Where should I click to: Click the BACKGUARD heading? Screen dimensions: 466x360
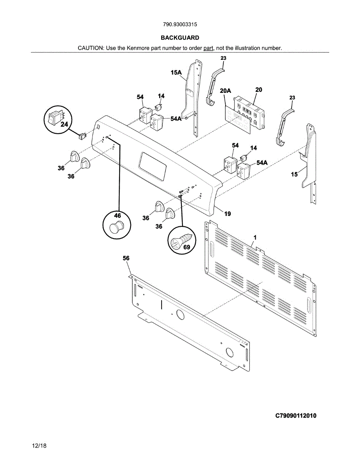(180, 38)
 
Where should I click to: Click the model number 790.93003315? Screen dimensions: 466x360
(180, 24)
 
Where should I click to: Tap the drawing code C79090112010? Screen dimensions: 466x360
(296, 416)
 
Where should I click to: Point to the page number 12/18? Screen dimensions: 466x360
(39, 446)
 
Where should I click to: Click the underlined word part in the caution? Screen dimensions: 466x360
(209, 48)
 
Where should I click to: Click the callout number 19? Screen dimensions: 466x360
(228, 214)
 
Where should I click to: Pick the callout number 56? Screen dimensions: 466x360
(126, 258)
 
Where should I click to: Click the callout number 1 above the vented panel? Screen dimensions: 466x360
(255, 237)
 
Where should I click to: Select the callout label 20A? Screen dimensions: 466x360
(225, 91)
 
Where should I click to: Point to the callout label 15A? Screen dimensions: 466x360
(176, 72)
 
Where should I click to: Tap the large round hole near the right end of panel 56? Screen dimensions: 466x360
(230, 352)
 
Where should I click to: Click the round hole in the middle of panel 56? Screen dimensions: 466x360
(180, 315)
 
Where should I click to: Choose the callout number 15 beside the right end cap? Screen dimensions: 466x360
(294, 174)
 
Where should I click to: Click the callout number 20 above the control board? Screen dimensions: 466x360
(259, 90)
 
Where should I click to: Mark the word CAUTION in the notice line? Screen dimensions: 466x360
(90, 48)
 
